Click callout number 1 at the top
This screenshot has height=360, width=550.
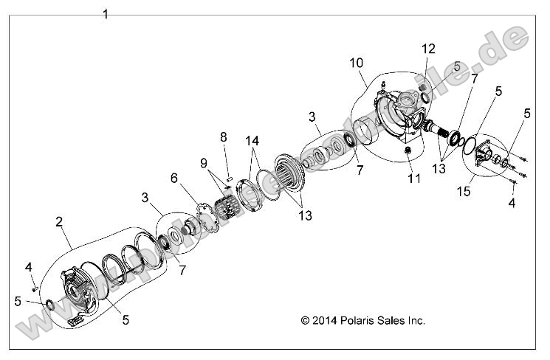[x=106, y=15]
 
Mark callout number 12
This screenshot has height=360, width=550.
[x=428, y=49]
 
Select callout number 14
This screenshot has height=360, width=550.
[x=252, y=140]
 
